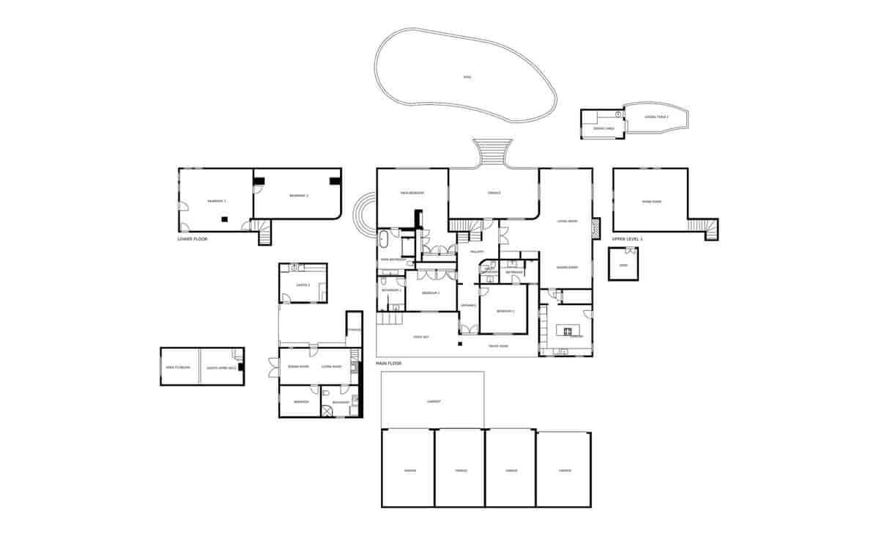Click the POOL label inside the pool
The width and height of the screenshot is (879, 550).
click(x=467, y=77)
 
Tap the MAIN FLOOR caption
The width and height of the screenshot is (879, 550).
click(x=389, y=363)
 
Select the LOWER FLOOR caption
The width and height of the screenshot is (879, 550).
click(x=193, y=239)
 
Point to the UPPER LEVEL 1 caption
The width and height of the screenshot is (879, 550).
click(x=627, y=239)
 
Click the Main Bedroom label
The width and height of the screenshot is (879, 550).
click(x=412, y=194)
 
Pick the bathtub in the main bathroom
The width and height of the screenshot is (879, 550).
click(x=385, y=239)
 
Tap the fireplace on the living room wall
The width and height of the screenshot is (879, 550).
click(x=596, y=227)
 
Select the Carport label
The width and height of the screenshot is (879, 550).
click(x=434, y=401)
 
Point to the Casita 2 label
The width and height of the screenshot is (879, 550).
click(x=303, y=285)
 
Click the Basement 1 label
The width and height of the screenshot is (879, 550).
click(x=216, y=201)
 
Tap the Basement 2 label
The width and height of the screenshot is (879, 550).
click(x=298, y=196)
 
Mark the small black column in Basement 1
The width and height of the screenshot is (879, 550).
click(x=225, y=218)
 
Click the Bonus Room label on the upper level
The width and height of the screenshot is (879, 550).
click(x=651, y=202)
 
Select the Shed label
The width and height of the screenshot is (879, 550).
click(x=623, y=265)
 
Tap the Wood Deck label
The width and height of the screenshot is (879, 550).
click(x=420, y=337)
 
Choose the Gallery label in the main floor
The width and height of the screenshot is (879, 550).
click(x=477, y=252)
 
